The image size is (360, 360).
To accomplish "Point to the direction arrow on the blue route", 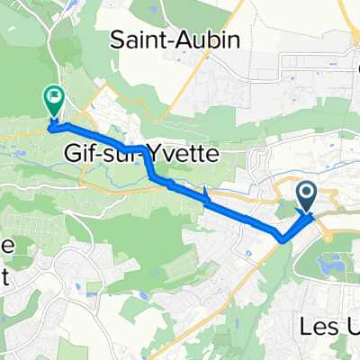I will pos(208,196).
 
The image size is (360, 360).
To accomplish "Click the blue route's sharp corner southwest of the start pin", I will pos(284,239).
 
